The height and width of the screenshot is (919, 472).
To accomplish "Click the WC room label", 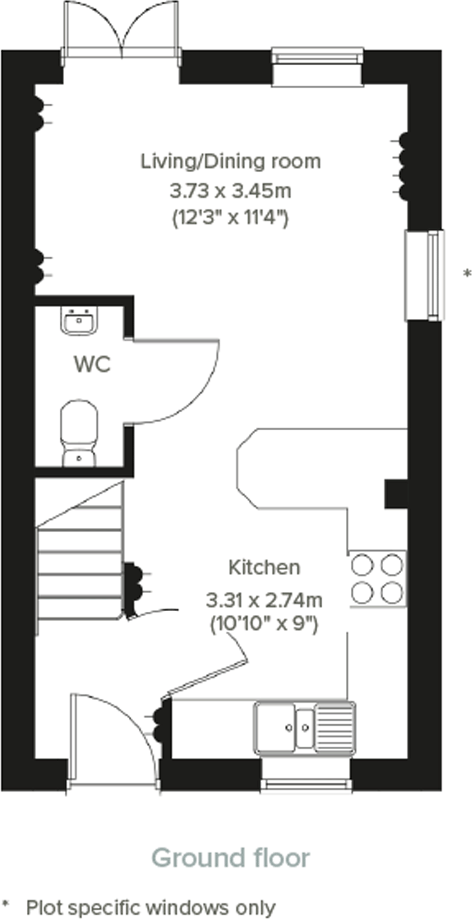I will (92, 364).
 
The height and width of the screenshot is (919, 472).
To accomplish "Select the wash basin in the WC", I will (79, 321).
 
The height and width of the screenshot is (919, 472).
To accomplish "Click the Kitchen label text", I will (264, 567).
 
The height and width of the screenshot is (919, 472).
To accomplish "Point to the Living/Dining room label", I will (231, 161).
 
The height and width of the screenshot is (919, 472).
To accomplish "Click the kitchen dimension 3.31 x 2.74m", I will (264, 600).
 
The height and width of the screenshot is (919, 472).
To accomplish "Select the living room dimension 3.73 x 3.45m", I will (231, 191).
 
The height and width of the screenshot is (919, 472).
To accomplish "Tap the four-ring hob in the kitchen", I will (377, 579).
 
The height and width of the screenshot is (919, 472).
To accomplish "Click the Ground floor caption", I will (231, 858).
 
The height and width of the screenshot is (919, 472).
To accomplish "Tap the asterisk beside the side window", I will (467, 273).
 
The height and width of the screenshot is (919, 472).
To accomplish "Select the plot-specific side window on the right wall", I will (425, 274).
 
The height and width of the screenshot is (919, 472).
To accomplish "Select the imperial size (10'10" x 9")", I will (264, 624).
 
